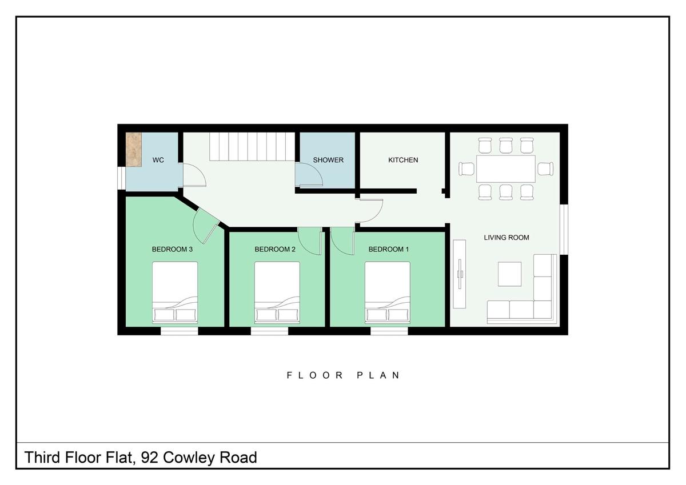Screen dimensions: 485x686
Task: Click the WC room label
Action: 158,161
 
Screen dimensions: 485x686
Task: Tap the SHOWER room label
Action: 328,160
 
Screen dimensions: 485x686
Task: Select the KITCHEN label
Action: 403,160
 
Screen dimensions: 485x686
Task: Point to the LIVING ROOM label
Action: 506,238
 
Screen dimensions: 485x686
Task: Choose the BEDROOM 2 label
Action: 275,249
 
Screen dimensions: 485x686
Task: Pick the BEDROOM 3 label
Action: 172,249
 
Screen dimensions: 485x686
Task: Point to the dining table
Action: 505,169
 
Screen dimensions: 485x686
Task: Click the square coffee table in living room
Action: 509,274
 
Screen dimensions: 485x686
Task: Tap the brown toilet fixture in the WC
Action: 134,150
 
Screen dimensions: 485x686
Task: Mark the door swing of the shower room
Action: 309,174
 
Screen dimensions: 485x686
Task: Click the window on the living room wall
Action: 564,229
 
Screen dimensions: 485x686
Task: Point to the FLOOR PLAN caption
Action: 343,375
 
